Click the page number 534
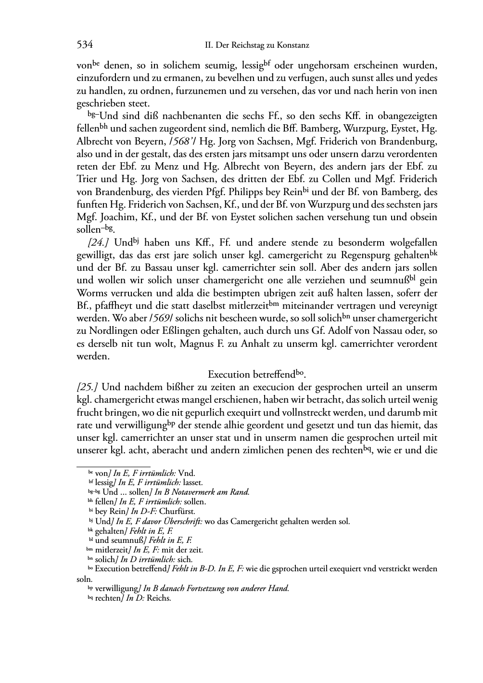(85, 45)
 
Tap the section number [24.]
(90, 242)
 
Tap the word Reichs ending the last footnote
(159, 599)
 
